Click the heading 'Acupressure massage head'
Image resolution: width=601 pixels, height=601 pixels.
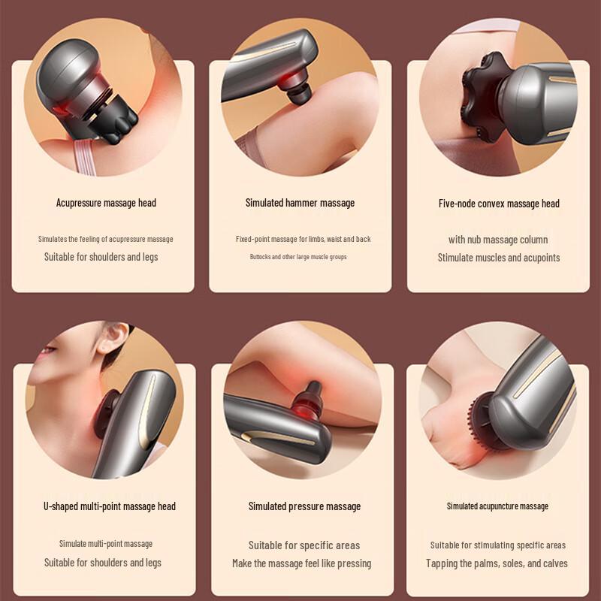point(106,203)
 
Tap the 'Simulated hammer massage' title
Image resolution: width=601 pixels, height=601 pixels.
point(300,203)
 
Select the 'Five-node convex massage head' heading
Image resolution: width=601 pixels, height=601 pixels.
point(499,204)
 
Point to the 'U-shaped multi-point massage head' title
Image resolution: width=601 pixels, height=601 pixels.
point(110,506)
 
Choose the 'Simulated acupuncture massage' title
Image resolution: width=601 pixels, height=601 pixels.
point(497,506)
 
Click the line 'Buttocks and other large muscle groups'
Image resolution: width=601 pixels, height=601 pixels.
point(298,257)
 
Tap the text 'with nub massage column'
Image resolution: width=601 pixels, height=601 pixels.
point(498,240)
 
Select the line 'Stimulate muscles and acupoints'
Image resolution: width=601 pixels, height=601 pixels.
point(499,258)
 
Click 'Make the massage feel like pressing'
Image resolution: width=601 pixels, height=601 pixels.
point(301,563)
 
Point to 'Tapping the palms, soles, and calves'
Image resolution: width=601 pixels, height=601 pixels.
point(497,563)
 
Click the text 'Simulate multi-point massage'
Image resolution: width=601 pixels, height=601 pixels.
point(106,544)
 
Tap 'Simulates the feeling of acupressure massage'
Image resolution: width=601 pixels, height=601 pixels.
point(106,239)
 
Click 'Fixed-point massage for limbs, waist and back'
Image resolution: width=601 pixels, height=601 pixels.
point(303,239)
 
